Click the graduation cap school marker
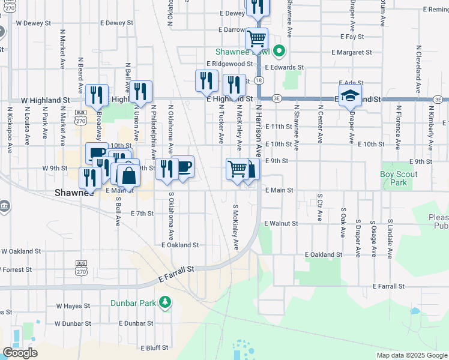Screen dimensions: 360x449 [x=351, y=96]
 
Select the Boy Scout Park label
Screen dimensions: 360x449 [x=399, y=178]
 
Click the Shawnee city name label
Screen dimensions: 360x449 [x=74, y=193]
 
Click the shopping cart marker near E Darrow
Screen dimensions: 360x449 [x=257, y=39]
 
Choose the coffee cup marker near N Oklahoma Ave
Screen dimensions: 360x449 [x=183, y=167]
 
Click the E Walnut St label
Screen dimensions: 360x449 [x=281, y=223]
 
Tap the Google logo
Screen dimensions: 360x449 [x=20, y=352]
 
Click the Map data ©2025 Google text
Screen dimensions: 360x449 [x=411, y=355]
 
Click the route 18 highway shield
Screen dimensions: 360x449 [x=258, y=80]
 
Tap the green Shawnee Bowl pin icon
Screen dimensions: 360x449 [x=278, y=50]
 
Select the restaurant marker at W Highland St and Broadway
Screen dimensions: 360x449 [x=97, y=95]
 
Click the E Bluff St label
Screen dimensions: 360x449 [x=156, y=348]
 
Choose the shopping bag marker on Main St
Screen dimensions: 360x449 [x=128, y=176]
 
